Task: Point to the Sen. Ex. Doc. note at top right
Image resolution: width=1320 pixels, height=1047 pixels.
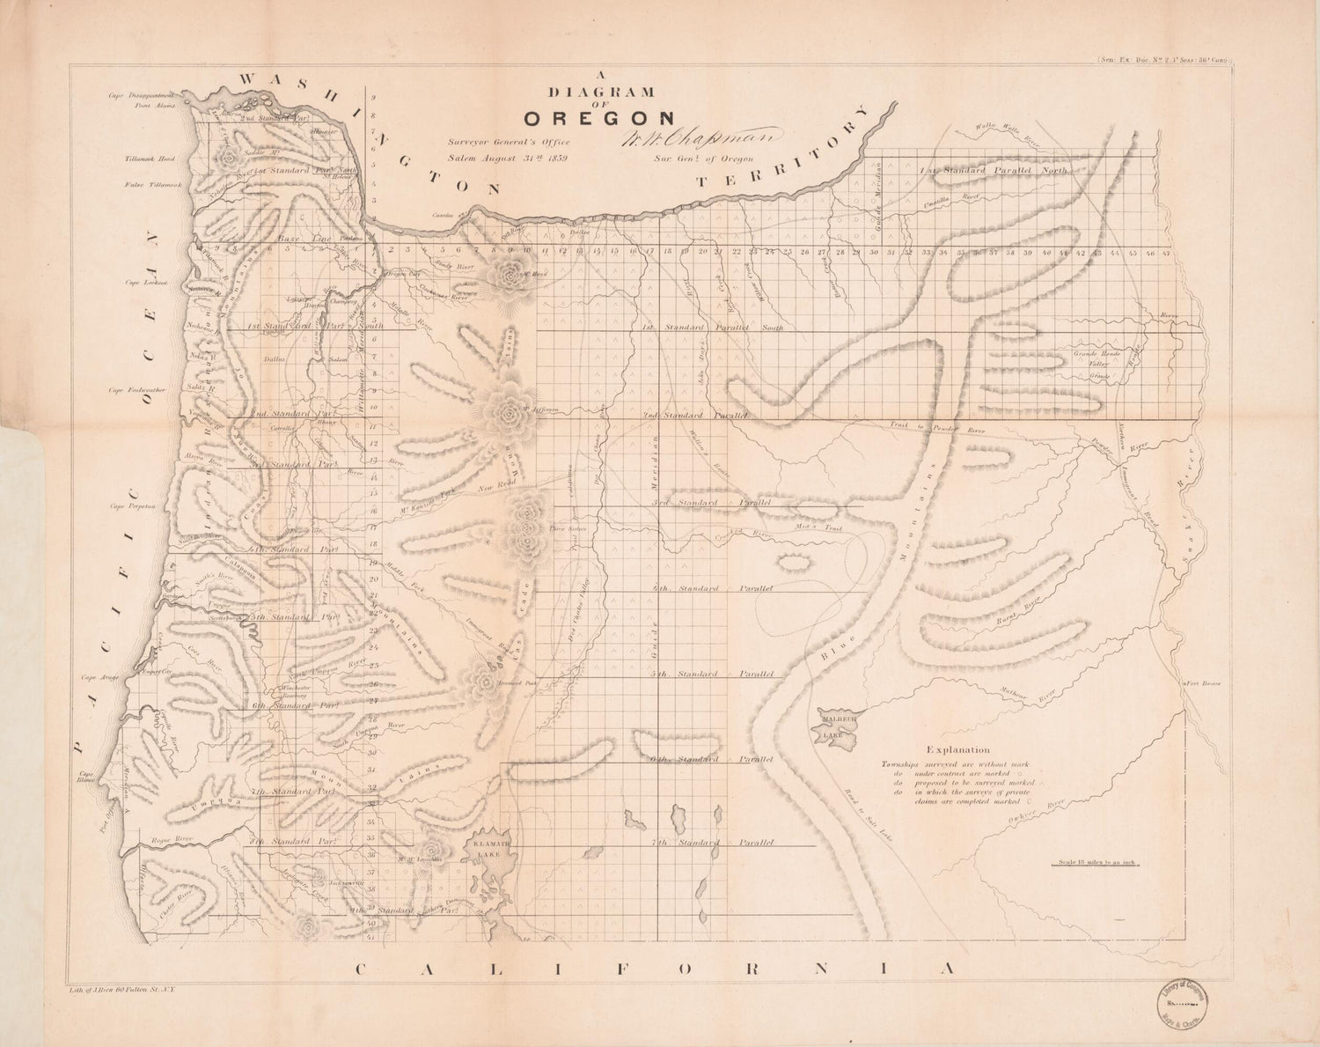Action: pyautogui.click(x=1164, y=60)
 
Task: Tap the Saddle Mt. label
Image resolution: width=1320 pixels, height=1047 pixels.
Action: pyautogui.click(x=255, y=151)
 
